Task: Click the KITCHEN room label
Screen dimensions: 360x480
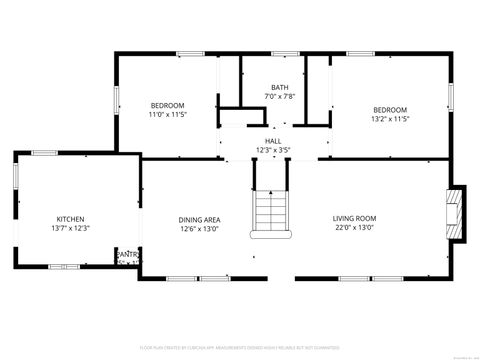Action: point(70,219)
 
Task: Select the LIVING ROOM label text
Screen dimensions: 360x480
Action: point(354,218)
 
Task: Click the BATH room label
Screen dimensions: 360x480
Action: point(279,87)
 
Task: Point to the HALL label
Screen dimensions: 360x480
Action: point(273,141)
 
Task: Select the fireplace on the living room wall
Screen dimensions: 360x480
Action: point(456,214)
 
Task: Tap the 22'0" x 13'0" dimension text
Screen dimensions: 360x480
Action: point(354,228)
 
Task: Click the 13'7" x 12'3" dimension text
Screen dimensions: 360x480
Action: point(70,229)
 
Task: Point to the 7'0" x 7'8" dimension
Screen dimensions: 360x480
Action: point(279,96)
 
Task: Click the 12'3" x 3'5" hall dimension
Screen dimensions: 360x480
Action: point(273,150)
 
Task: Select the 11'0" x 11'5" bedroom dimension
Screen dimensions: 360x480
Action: point(167,115)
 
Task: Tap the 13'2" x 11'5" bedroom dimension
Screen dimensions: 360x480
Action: point(390,119)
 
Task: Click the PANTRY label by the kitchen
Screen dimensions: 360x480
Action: point(127,255)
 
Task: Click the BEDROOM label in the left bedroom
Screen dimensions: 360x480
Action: point(167,106)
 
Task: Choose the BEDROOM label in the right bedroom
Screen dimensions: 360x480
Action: point(390,109)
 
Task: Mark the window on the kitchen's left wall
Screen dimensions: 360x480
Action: point(15,174)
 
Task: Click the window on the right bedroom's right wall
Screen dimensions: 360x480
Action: point(451,96)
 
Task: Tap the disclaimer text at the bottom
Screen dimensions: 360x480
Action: point(240,346)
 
